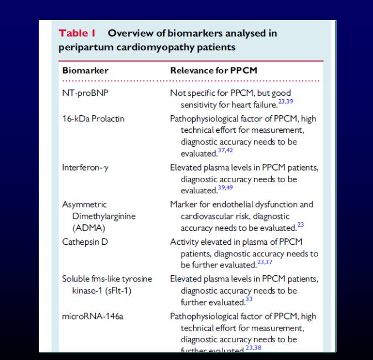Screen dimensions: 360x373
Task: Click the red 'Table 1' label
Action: (77, 33)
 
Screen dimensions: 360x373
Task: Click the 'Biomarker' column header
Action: (85, 71)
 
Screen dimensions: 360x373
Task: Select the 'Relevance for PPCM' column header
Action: (214, 71)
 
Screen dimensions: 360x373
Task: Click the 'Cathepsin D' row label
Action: (85, 241)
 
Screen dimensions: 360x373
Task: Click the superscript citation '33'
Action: (249, 300)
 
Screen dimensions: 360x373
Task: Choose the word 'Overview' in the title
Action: (130, 33)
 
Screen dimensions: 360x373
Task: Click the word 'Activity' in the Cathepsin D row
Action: (185, 241)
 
